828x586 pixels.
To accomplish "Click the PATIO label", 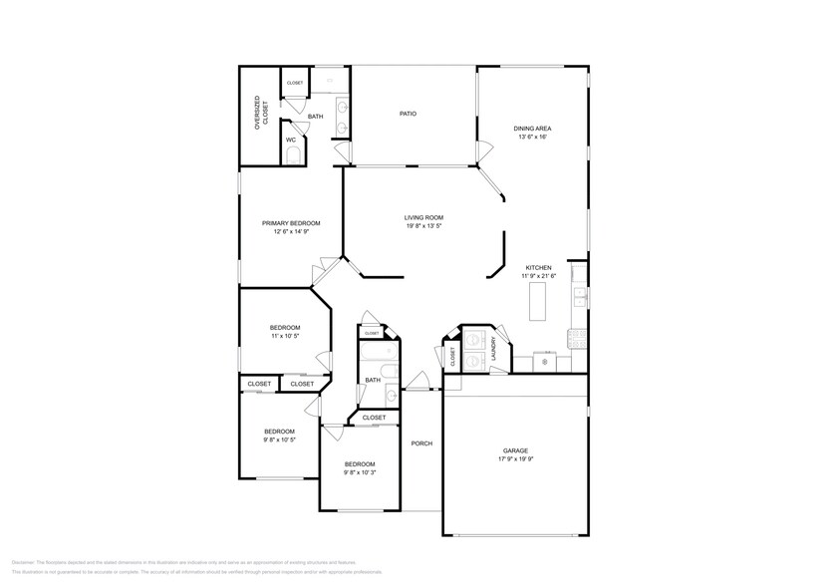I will pyautogui.click(x=408, y=114).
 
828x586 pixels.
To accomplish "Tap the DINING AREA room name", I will pyautogui.click(x=533, y=129).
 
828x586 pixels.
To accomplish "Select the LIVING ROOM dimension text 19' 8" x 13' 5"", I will pyautogui.click(x=423, y=226).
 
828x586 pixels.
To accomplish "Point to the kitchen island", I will pyautogui.click(x=538, y=301).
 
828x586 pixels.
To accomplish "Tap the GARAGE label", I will pyautogui.click(x=515, y=450).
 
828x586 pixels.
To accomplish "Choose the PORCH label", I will pyautogui.click(x=422, y=443).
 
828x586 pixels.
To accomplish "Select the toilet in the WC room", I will pyautogui.click(x=293, y=155).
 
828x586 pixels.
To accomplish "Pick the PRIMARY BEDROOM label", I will pyautogui.click(x=291, y=223).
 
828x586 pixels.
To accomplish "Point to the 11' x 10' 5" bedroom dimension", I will pyautogui.click(x=284, y=336).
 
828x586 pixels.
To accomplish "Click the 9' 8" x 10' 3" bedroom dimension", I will pyautogui.click(x=360, y=473).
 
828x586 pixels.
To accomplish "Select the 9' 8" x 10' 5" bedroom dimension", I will pyautogui.click(x=279, y=439).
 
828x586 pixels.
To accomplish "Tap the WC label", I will pyautogui.click(x=291, y=140).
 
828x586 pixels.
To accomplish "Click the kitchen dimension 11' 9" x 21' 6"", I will pyautogui.click(x=539, y=277).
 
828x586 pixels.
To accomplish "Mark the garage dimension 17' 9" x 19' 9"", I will pyautogui.click(x=515, y=459).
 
